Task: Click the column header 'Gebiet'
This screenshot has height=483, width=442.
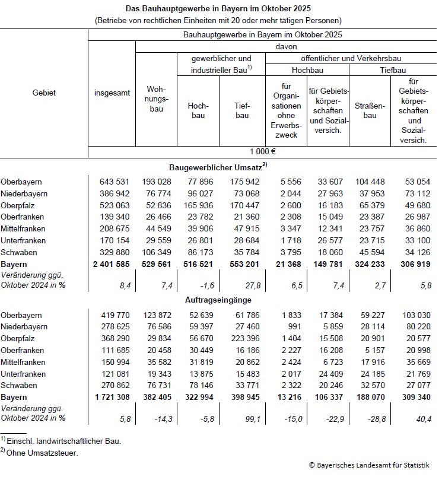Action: coord(44,93)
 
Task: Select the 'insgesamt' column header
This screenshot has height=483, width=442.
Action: coord(112,93)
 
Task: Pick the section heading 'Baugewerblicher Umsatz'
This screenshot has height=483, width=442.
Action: coord(217,167)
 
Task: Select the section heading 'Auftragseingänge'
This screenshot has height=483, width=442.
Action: coord(218,301)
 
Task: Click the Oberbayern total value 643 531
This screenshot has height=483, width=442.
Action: coord(112,182)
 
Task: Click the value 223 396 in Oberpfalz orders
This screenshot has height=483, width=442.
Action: coord(243,339)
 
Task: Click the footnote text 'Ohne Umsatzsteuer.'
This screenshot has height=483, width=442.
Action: coord(42,453)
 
